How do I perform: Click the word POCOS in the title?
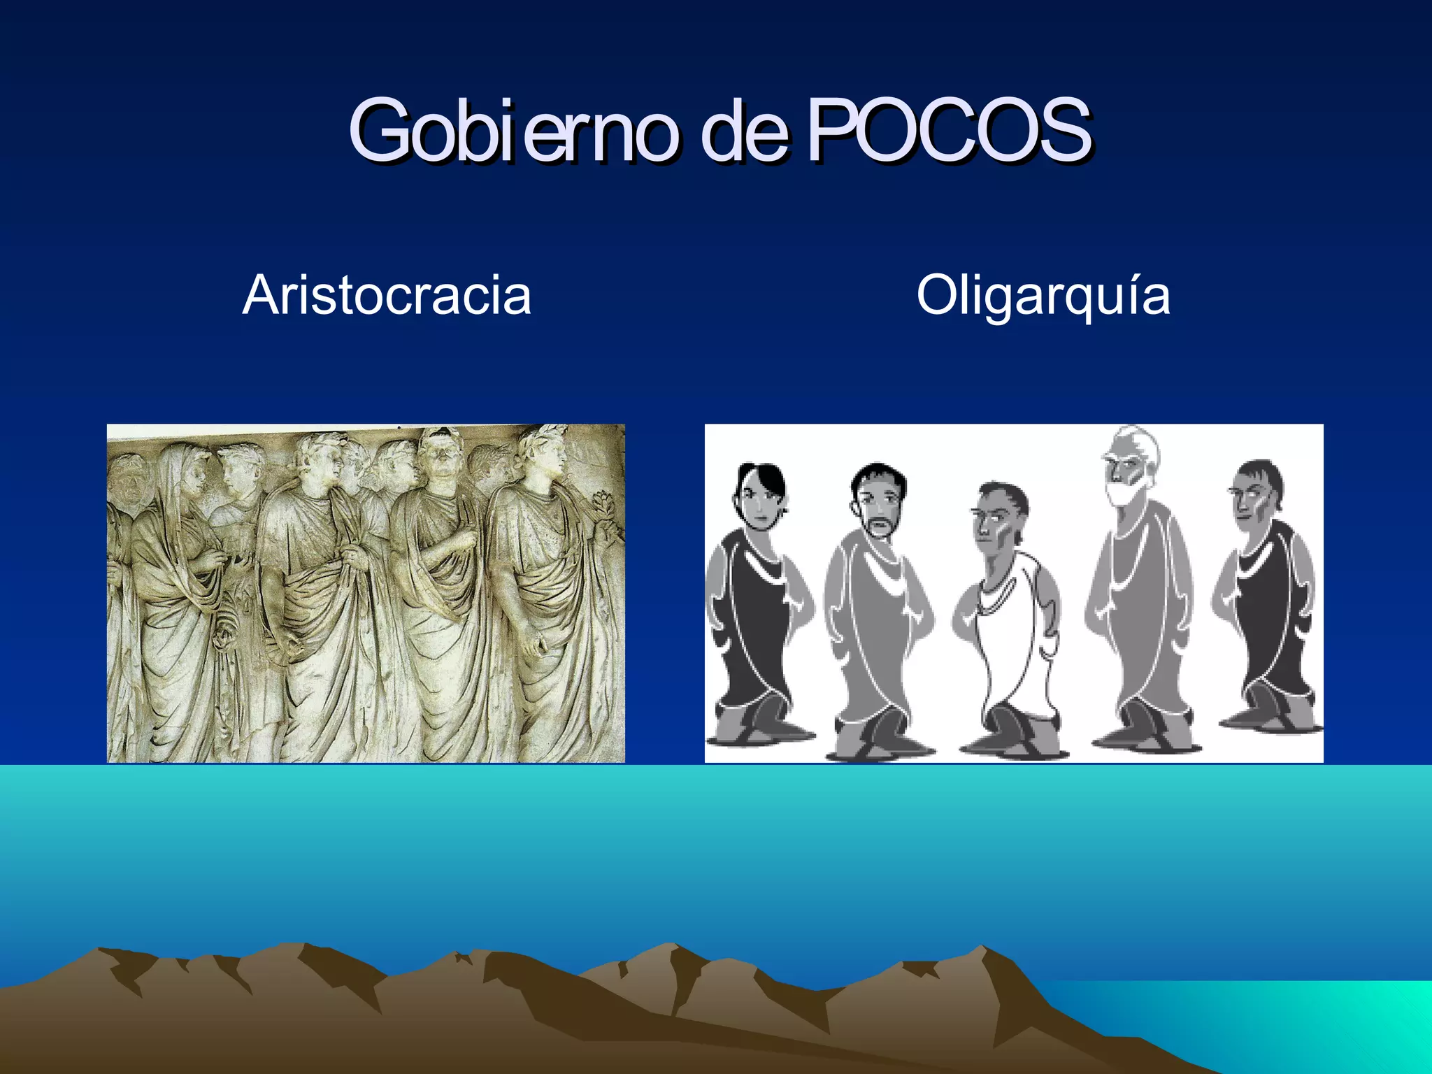949,130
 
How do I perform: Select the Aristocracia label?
387,295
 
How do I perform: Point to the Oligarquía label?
1043,295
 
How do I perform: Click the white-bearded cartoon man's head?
1127,465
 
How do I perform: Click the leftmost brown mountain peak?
101,951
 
